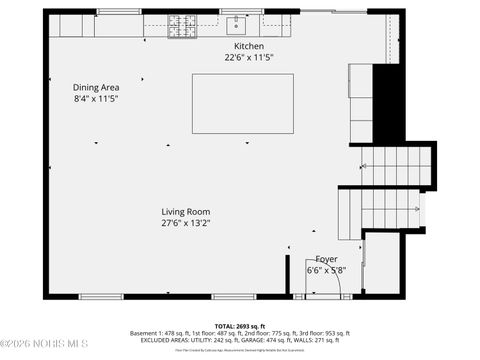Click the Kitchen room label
pyautogui.click(x=249, y=47)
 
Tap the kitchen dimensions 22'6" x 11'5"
pyautogui.click(x=249, y=58)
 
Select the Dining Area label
pyautogui.click(x=96, y=87)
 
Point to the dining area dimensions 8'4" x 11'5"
pyautogui.click(x=96, y=99)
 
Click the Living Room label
pyautogui.click(x=186, y=211)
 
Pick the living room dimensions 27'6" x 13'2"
pyautogui.click(x=186, y=223)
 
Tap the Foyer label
pyautogui.click(x=326, y=259)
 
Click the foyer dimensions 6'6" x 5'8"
pyautogui.click(x=326, y=270)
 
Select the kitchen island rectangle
pyautogui.click(x=243, y=103)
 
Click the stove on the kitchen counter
pyautogui.click(x=181, y=22)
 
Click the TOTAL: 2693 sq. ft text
pyautogui.click(x=240, y=326)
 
